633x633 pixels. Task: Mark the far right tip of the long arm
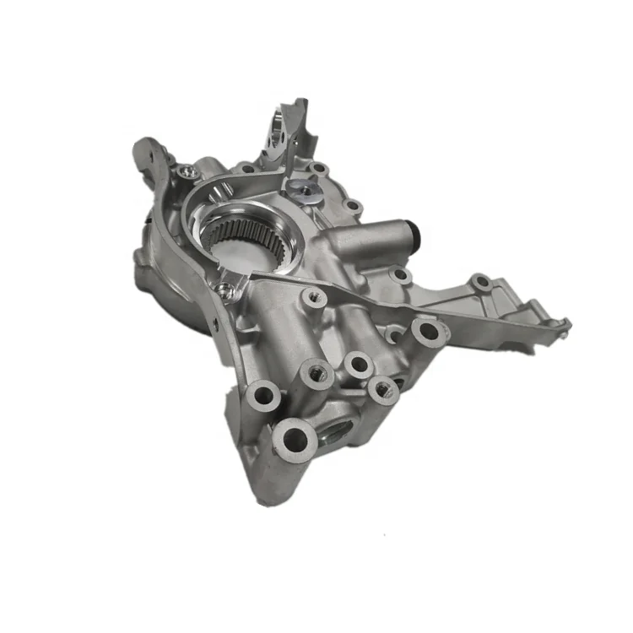pos(566,324)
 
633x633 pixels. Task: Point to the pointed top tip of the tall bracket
pos(302,102)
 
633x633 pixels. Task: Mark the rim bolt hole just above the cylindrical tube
pos(354,206)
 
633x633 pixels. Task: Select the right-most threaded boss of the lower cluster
pos(382,388)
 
